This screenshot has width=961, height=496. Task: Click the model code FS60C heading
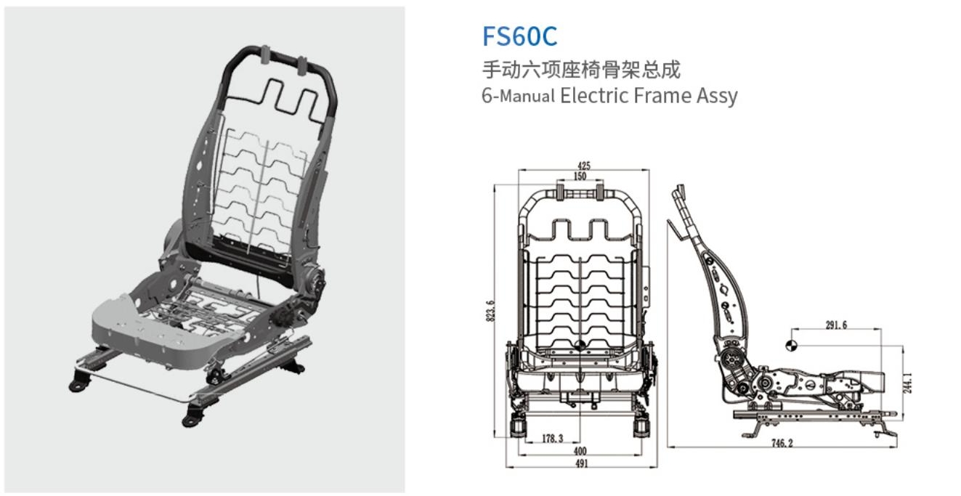coord(519,36)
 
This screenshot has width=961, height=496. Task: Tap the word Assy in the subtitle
coord(717,96)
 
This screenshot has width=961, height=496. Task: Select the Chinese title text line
coord(581,70)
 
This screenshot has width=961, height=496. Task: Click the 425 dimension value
coord(583,166)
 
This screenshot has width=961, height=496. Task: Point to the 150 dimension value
coord(580,176)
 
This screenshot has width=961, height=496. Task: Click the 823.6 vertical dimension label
coord(491,310)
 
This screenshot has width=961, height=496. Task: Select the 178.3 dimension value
coord(554,439)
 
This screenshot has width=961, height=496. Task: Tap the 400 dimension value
coord(580,451)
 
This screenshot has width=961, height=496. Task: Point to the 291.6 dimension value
coord(835,325)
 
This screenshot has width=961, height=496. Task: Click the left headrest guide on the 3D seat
coord(266,54)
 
